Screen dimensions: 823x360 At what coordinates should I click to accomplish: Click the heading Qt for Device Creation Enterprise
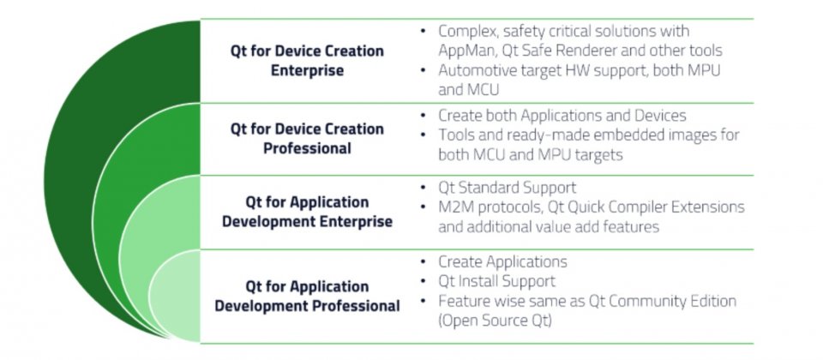click(307, 61)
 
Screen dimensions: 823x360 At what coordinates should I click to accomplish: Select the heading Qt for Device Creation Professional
click(307, 139)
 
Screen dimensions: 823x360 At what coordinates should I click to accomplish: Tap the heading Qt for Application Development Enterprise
click(307, 212)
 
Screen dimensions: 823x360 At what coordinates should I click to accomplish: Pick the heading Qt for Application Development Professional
click(307, 296)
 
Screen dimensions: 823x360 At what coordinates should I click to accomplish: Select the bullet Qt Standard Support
click(507, 188)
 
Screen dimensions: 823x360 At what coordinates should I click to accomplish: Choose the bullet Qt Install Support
click(496, 281)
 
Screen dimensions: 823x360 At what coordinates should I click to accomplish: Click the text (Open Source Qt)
click(495, 321)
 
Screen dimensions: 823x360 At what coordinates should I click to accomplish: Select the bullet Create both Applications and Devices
click(562, 115)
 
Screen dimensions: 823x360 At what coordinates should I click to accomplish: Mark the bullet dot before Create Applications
click(423, 261)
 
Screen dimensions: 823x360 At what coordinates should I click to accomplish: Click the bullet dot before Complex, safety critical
click(423, 31)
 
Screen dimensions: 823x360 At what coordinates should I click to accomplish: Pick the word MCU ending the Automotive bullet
click(484, 90)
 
